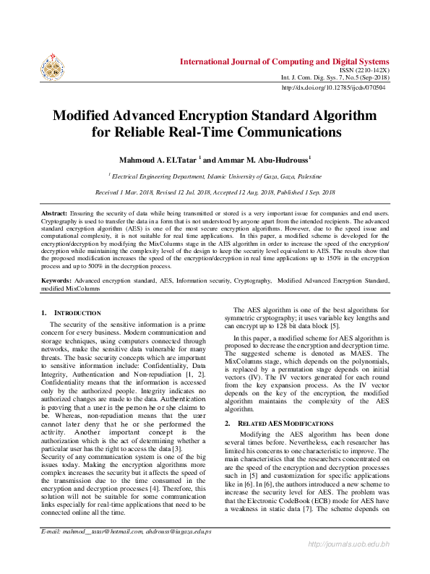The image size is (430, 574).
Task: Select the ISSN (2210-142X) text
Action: (364, 70)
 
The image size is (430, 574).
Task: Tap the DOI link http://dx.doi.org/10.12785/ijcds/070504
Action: (334, 87)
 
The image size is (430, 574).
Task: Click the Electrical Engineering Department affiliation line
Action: (215, 176)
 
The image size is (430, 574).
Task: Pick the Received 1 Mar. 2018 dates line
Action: (215, 192)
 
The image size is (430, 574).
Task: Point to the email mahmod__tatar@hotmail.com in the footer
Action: (90, 552)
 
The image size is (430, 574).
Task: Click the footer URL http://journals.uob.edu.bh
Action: (348, 563)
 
